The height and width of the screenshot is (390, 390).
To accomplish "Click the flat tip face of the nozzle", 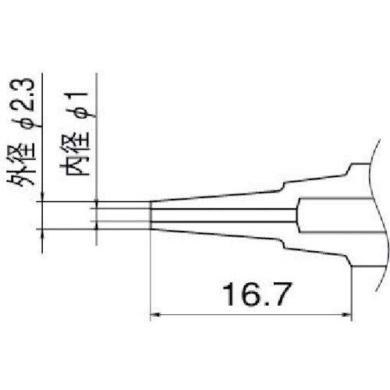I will click(x=150, y=215).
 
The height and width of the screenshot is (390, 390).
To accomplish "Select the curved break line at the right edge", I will click(x=380, y=218).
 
